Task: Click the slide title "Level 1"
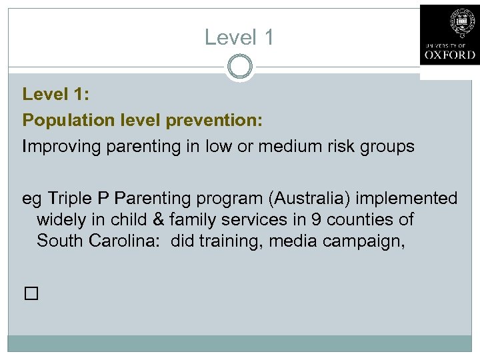[239, 37]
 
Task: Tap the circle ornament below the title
[239, 67]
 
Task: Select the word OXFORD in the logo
[449, 55]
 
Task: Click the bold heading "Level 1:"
[56, 95]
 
